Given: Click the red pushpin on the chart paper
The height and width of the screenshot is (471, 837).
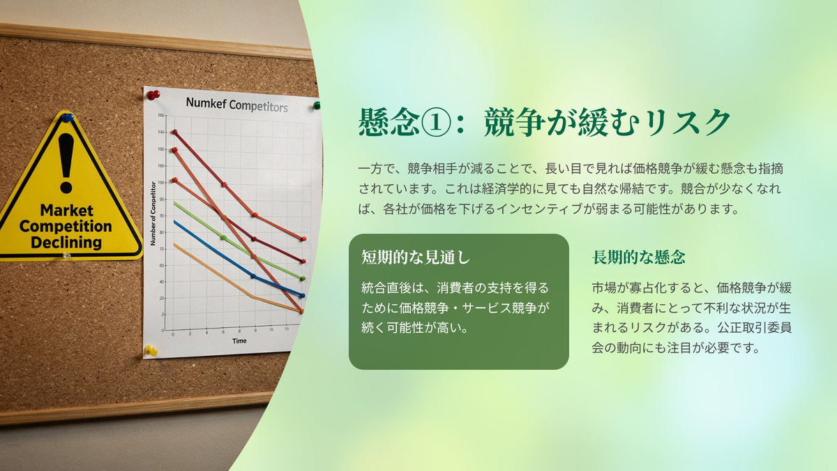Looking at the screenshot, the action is coord(153,95).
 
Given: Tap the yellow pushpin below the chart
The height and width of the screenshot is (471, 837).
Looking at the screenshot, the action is coord(151,350).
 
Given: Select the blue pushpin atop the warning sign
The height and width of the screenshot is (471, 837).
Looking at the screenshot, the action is coord(68,118).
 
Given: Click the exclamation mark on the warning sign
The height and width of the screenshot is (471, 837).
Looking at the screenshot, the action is coord(66,163).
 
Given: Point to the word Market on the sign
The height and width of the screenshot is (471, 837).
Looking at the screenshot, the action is coord(66,211).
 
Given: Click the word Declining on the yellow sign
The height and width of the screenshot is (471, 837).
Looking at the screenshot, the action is coord(66,242).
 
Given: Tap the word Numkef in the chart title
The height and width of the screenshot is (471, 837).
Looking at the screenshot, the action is coord(206,103).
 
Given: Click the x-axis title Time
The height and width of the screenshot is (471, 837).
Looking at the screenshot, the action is coord(239,341).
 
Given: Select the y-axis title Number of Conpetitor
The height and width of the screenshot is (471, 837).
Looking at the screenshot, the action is coord(153,214).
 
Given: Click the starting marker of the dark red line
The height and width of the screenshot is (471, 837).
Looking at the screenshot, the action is coord(174,132).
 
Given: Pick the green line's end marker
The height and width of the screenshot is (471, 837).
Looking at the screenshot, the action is coord(303,278).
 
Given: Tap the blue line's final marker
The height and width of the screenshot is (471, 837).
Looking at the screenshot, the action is coord(303,295).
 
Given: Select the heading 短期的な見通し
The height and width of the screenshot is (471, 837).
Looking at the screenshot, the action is coord(416,257).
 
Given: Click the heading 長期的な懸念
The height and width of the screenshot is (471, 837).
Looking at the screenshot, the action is coord(639,257).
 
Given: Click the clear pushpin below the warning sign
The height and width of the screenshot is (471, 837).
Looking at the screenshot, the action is coord(66,255).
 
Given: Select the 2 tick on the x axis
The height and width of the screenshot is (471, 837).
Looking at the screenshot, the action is coord(190,334).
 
